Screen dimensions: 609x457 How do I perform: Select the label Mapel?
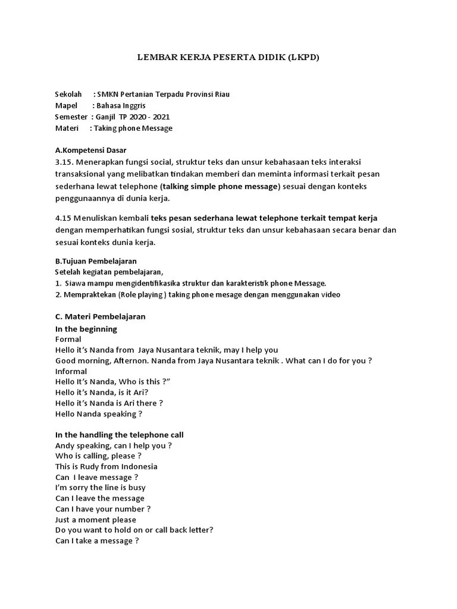(66, 106)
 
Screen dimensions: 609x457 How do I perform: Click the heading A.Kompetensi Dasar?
(90, 150)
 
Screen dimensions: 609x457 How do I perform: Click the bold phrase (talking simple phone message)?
(220, 186)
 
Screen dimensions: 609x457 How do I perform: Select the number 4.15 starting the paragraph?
(64, 218)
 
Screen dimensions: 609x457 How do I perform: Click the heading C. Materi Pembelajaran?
(100, 316)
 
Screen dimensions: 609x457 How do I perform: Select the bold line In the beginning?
(86, 329)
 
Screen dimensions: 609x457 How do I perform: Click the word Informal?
(71, 371)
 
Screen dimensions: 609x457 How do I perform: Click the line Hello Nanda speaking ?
(99, 414)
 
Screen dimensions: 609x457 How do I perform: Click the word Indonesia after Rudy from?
(137, 466)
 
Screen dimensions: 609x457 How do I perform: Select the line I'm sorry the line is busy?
(100, 488)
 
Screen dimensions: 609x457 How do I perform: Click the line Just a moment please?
(95, 520)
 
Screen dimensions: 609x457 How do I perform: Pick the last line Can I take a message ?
(97, 541)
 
